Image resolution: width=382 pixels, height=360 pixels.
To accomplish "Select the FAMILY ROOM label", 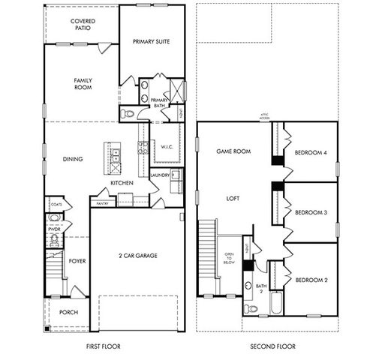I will click(83, 83).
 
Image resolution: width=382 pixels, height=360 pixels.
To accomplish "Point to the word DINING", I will click(73, 159).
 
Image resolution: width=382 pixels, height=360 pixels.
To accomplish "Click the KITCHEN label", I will click(122, 183).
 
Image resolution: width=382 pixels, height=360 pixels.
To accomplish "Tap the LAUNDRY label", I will click(160, 175).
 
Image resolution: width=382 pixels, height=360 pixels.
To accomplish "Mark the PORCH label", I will click(68, 313).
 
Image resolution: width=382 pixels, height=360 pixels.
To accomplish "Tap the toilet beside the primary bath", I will click(128, 114).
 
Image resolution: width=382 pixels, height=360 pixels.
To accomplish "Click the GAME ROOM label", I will click(233, 151).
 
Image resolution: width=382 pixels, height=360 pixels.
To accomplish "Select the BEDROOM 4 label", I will click(311, 153).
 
